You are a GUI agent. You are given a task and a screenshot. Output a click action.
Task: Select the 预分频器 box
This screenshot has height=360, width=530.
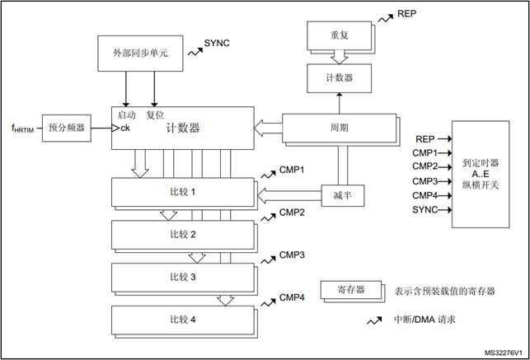click(x=67, y=128)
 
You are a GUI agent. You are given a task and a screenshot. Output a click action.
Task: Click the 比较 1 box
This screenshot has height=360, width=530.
click(x=182, y=192)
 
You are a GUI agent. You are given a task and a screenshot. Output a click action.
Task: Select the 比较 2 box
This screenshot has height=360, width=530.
click(x=182, y=235)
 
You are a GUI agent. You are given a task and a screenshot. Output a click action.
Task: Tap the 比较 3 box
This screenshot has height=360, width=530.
click(x=182, y=277)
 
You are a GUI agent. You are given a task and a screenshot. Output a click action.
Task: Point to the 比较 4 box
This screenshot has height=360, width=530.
click(x=182, y=317)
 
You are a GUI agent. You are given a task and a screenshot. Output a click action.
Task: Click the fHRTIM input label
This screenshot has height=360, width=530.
click(x=21, y=128)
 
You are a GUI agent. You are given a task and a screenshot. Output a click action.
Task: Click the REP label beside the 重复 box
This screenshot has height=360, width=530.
click(x=407, y=14)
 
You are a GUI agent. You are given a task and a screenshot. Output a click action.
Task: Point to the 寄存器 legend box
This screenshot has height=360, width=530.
click(x=351, y=291)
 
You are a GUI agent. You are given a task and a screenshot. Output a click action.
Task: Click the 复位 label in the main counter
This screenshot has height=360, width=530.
click(x=156, y=115)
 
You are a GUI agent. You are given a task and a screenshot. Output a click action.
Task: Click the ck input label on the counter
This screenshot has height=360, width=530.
click(x=125, y=128)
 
